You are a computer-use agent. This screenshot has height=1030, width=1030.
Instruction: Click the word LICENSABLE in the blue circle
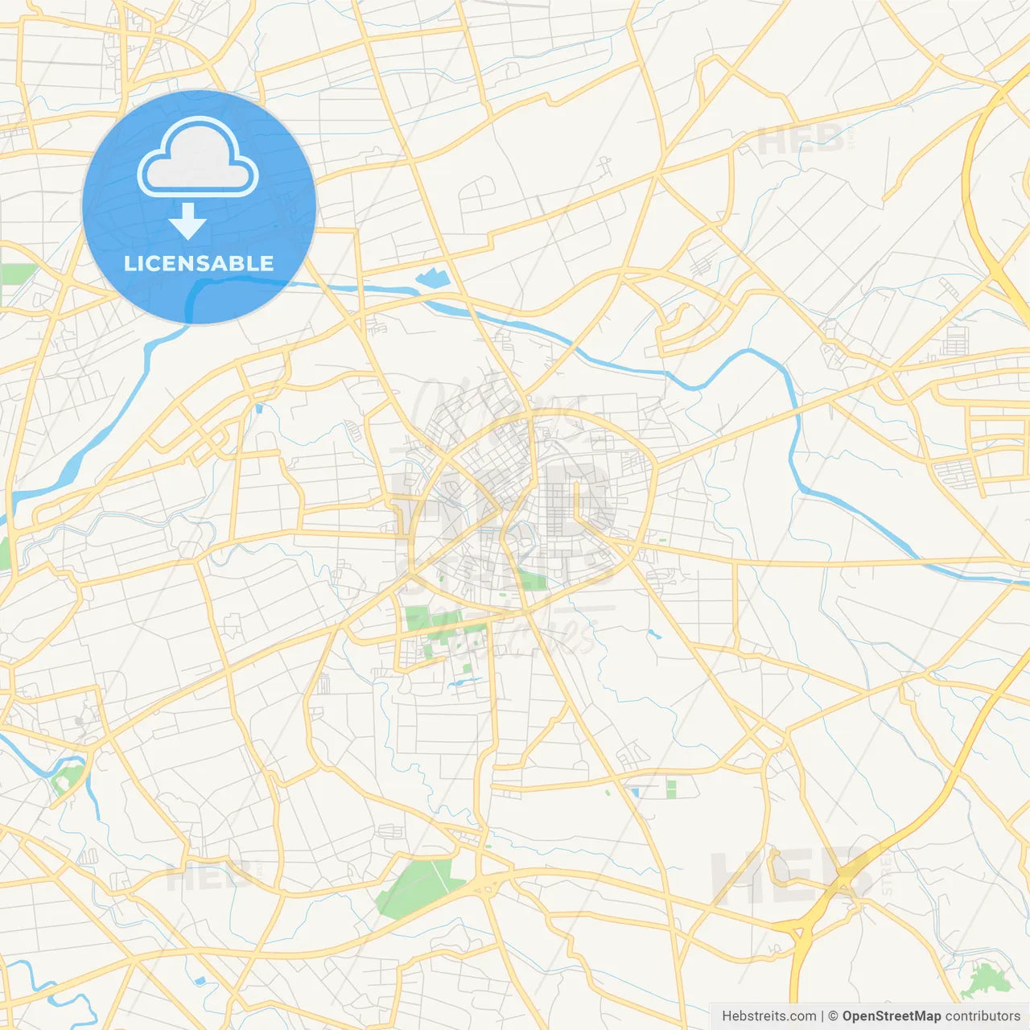coord(199,263)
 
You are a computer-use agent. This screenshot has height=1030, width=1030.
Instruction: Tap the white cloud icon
coord(198,158)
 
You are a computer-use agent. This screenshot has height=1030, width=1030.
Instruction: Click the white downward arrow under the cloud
coord(188,221)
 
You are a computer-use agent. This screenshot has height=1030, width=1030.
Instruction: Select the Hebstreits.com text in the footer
coord(768,1016)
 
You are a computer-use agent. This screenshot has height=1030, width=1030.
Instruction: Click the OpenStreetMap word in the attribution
coord(891,1016)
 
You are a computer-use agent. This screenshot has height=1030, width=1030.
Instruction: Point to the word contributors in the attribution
coord(982,1016)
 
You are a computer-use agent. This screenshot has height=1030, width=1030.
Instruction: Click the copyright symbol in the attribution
coord(833,1016)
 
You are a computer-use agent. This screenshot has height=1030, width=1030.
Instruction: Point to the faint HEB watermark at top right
coord(801,141)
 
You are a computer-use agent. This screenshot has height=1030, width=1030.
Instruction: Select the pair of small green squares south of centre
coord(671,789)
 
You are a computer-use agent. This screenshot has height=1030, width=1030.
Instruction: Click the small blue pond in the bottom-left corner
coord(199,981)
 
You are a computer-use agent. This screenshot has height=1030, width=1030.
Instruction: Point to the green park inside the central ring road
coord(531,579)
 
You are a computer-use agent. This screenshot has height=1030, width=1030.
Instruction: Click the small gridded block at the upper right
coord(955,341)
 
